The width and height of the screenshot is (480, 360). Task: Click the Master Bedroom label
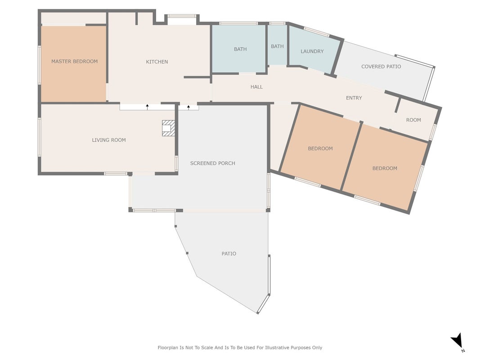pyautogui.click(x=74, y=61)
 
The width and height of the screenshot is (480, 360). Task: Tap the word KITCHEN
pyautogui.click(x=157, y=62)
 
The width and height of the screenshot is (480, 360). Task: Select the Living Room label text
pyautogui.click(x=109, y=140)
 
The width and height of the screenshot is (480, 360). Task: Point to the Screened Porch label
pyautogui.click(x=212, y=163)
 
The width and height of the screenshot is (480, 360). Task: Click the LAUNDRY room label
pyautogui.click(x=312, y=51)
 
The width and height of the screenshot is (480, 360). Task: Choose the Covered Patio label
pyautogui.click(x=381, y=67)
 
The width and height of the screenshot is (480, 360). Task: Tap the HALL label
pyautogui.click(x=256, y=87)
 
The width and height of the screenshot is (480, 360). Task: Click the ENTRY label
pyautogui.click(x=354, y=98)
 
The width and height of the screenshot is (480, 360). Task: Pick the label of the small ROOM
pyautogui.click(x=413, y=120)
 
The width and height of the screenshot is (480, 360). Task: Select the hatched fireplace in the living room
pyautogui.click(x=168, y=128)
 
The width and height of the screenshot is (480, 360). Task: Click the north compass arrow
pyautogui.click(x=457, y=340)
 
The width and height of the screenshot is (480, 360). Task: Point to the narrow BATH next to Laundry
pyautogui.click(x=277, y=46)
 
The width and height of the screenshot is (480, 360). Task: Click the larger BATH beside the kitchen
pyautogui.click(x=240, y=49)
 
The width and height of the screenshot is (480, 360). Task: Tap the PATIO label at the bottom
pyautogui.click(x=229, y=253)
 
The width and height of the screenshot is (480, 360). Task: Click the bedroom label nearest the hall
pyautogui.click(x=320, y=148)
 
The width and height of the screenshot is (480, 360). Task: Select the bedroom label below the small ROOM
pyautogui.click(x=385, y=168)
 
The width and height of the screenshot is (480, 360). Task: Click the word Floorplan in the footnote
pyautogui.click(x=168, y=347)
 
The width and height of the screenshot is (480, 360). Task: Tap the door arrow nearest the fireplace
pyautogui.click(x=188, y=107)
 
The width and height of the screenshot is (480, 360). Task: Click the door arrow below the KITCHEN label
pyautogui.click(x=147, y=107)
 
